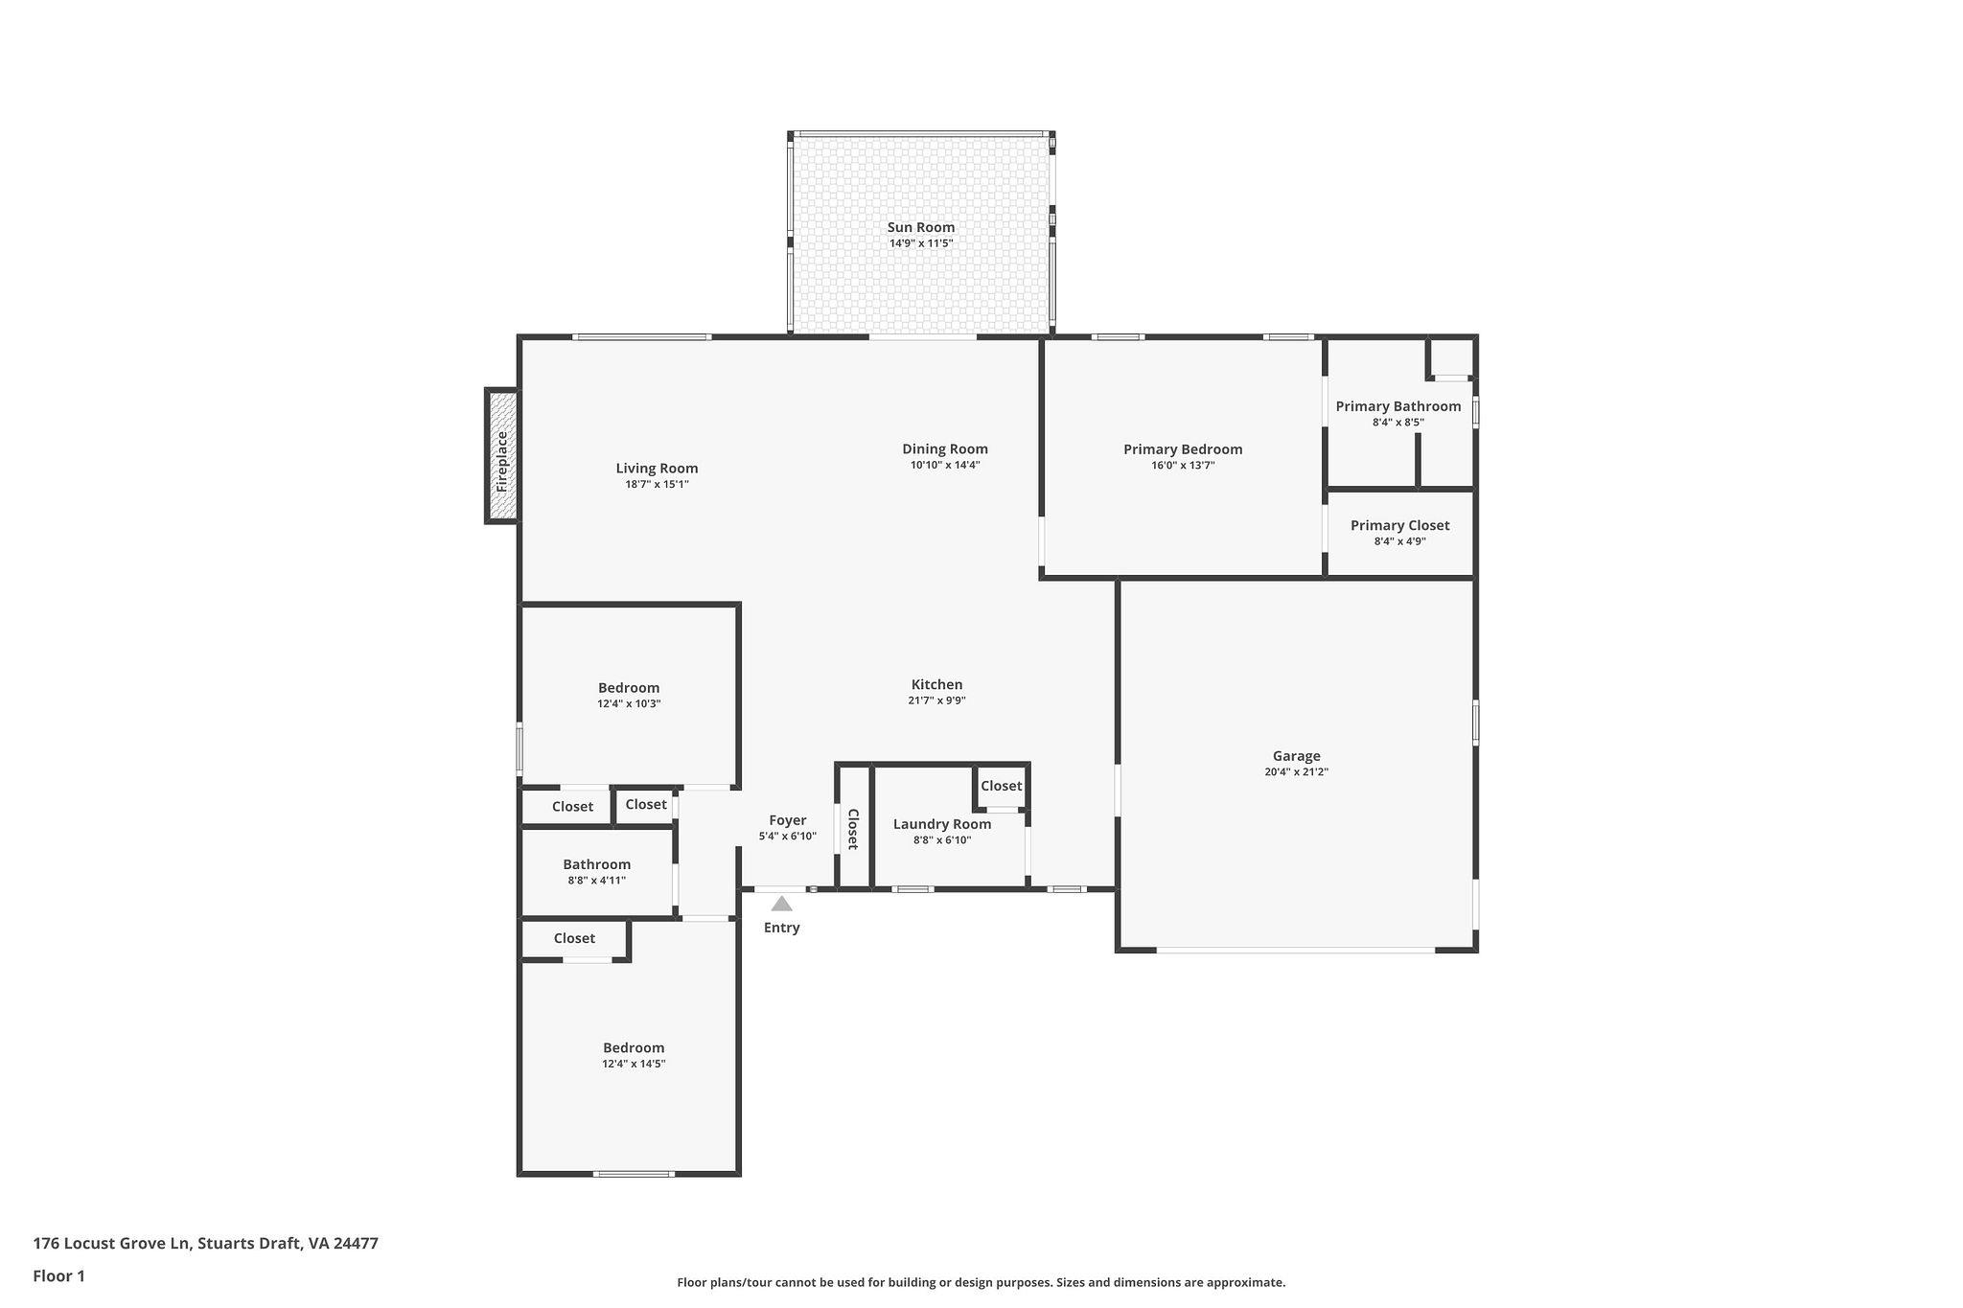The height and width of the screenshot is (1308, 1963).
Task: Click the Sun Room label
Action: (x=920, y=227)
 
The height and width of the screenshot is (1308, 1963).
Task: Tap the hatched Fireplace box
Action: (x=502, y=455)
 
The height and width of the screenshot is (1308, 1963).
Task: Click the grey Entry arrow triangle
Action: (x=782, y=904)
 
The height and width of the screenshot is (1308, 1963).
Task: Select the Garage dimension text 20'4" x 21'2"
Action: (x=1296, y=772)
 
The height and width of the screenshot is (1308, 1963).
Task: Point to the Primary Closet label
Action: (x=1399, y=525)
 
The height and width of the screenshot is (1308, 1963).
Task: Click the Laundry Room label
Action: (x=942, y=824)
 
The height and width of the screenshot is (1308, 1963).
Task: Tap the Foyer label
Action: (x=788, y=820)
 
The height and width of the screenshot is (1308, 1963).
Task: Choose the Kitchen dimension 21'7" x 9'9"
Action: (x=936, y=700)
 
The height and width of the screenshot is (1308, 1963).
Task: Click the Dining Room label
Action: (x=945, y=448)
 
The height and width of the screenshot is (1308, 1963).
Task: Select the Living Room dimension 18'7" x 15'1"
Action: (x=657, y=485)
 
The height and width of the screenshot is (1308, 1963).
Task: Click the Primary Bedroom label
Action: (x=1183, y=448)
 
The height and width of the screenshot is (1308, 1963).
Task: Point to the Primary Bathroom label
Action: (x=1398, y=406)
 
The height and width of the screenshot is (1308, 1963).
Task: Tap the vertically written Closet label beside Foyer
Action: (x=852, y=829)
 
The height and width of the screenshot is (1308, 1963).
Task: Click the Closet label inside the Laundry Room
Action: (x=1002, y=786)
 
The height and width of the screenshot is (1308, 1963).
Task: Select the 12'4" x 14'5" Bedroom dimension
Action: (x=634, y=1064)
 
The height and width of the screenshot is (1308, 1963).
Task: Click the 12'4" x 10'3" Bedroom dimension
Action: (x=629, y=703)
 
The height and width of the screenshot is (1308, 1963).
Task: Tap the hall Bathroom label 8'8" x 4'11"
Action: (x=596, y=864)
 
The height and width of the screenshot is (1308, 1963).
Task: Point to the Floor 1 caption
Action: (x=58, y=1276)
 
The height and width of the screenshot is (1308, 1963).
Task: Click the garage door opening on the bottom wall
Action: (x=1296, y=950)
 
